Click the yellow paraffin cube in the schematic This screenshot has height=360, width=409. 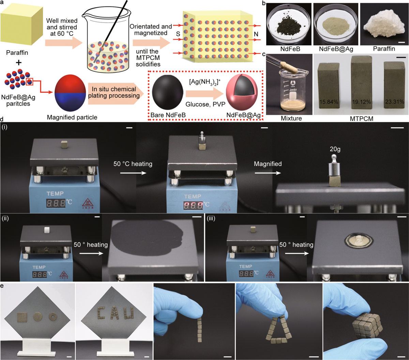[x=21, y=26]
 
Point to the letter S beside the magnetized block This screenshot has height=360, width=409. [x=178, y=34]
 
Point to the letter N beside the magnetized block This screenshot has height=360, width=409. [x=256, y=34]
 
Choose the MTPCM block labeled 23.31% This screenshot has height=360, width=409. [x=394, y=87]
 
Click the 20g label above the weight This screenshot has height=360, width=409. [x=335, y=149]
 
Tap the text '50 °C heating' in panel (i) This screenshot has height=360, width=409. [x=133, y=164]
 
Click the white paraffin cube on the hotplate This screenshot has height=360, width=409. [x=47, y=230]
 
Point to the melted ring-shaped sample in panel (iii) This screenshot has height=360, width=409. [x=358, y=241]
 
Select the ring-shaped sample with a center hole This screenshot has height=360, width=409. [x=53, y=317]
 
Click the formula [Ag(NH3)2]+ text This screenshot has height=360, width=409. [x=205, y=83]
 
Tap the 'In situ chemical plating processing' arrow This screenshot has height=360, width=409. [x=116, y=93]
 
